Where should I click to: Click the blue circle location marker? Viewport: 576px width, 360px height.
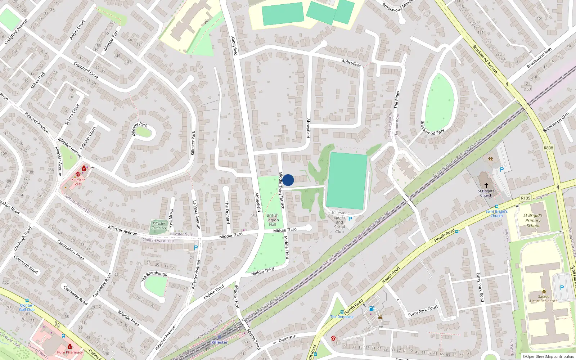click(288, 180)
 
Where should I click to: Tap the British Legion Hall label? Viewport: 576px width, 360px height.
click(273, 220)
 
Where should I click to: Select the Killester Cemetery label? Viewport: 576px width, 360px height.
click(159, 226)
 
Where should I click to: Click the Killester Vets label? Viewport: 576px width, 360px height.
click(78, 182)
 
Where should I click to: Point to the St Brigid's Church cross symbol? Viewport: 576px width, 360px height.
click(486, 185)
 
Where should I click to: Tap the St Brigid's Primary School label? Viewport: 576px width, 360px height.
click(533, 221)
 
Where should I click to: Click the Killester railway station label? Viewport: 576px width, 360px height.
click(220, 342)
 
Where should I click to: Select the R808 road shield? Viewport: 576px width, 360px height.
click(548, 148)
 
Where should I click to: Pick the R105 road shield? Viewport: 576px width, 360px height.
click(526, 198)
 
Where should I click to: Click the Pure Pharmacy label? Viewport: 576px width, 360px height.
click(70, 352)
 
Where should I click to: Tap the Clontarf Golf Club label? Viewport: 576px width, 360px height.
click(27, 307)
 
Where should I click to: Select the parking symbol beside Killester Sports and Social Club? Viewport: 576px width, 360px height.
click(350, 219)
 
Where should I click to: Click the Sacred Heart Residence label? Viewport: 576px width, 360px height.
click(544, 299)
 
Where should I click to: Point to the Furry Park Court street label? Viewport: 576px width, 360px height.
click(423, 311)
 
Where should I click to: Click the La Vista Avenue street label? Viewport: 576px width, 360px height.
click(196, 215)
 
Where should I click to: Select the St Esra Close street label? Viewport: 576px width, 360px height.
click(72, 115)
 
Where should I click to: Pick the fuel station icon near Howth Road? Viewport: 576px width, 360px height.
click(372, 309)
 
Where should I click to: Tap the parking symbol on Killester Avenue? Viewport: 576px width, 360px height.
click(196, 248)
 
